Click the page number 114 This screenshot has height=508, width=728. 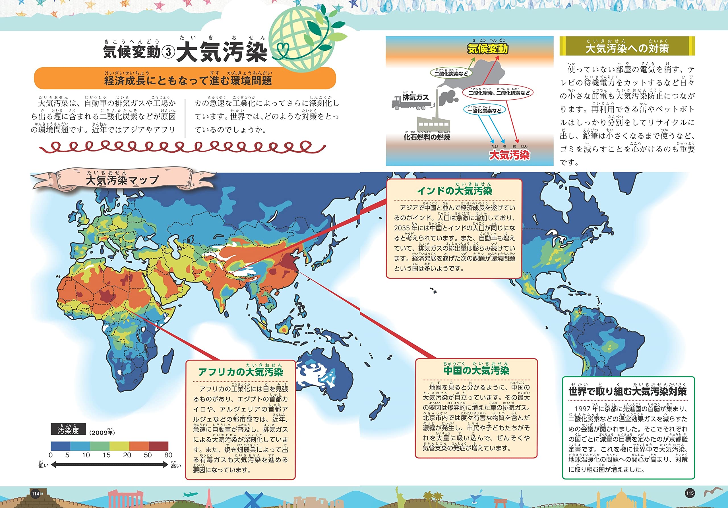click(36, 494)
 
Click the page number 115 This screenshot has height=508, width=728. click(690, 493)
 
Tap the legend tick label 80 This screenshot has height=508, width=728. click(168, 455)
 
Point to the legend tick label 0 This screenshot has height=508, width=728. click(51, 455)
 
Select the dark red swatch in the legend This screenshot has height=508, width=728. click(158, 446)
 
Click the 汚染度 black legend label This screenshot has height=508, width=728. click(68, 430)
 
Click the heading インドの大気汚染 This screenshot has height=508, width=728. click(454, 191)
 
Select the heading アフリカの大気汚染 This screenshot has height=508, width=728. click(240, 372)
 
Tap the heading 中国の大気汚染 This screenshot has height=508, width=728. click(476, 370)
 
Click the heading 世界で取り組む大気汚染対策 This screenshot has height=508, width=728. click(628, 391)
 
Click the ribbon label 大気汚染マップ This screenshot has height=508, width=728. click(122, 180)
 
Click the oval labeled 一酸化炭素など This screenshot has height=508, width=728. click(484, 110)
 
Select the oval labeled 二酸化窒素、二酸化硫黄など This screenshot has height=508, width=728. click(499, 93)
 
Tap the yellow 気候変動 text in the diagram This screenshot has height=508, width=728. click(488, 49)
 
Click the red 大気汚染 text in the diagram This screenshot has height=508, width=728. click(509, 155)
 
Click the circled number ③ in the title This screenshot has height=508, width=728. click(168, 52)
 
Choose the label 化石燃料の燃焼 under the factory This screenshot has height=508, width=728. click(427, 137)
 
